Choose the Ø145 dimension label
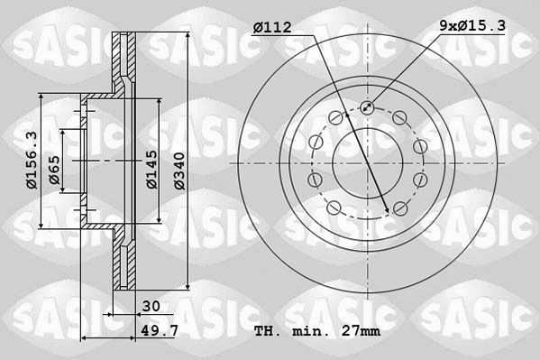(152, 169)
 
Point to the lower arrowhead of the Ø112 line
(389, 210)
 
